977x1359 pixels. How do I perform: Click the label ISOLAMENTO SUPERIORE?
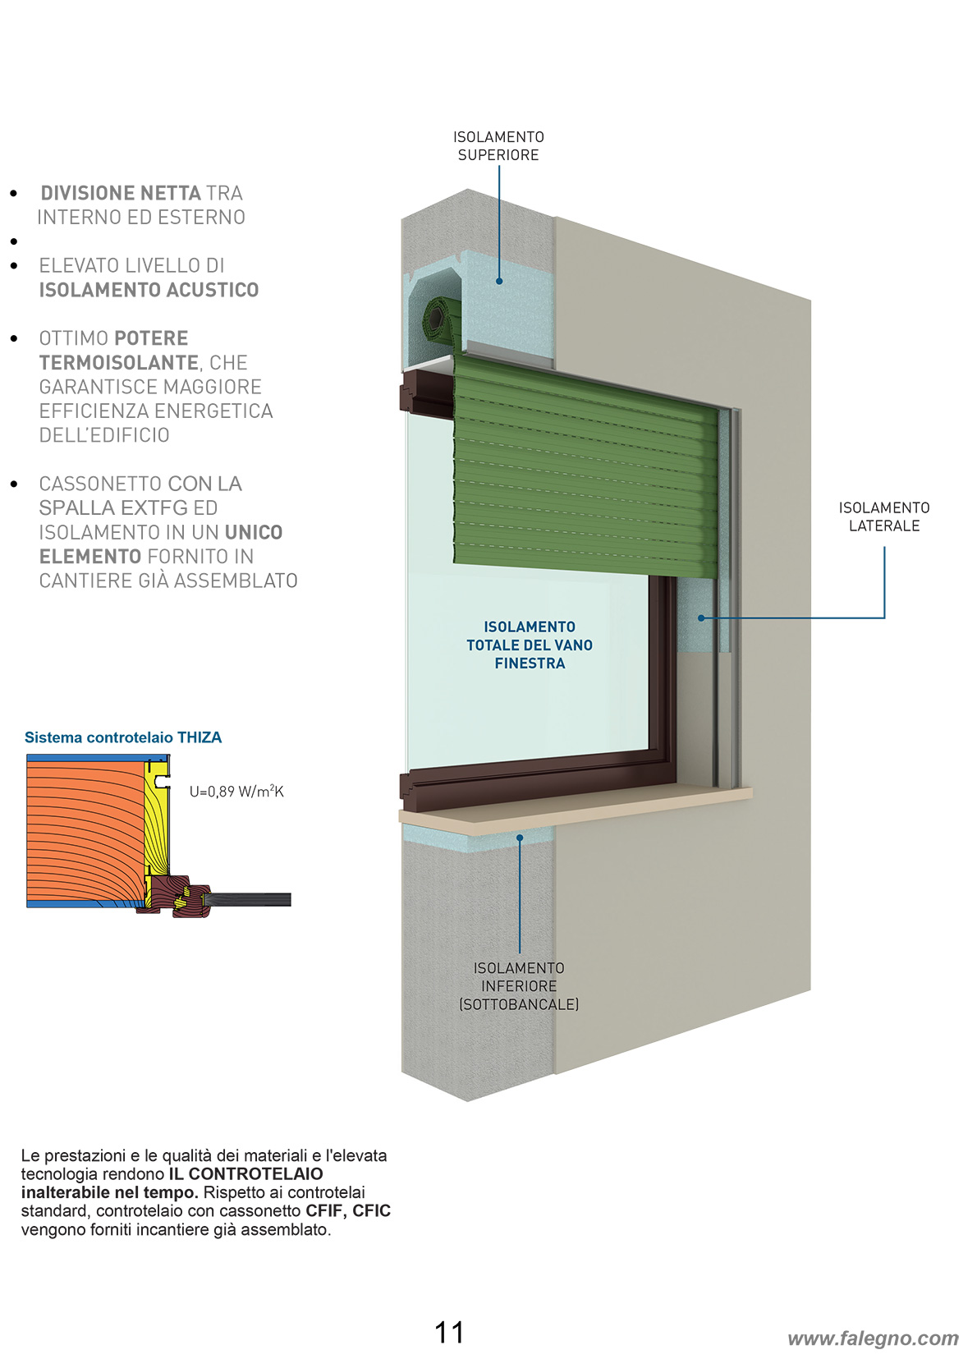click(x=498, y=145)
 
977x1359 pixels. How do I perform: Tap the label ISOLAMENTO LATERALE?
click(x=883, y=517)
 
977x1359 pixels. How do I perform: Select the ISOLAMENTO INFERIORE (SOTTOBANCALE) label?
click(x=519, y=986)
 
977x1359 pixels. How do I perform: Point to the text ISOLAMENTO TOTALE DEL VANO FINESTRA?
click(x=530, y=645)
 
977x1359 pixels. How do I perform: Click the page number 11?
click(x=449, y=1333)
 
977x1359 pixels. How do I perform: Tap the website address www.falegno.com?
click(x=874, y=1338)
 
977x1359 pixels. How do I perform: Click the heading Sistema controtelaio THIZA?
click(x=123, y=737)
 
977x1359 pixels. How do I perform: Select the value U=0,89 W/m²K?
click(x=236, y=791)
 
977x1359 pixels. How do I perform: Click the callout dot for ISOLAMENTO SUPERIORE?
click(x=498, y=281)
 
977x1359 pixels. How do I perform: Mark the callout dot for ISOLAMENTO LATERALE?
click(x=701, y=618)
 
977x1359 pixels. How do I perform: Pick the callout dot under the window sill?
click(x=520, y=838)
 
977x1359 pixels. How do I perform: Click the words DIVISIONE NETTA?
click(x=121, y=193)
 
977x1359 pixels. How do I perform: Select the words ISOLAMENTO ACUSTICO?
click(x=149, y=290)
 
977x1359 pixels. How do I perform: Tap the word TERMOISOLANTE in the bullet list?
click(x=119, y=363)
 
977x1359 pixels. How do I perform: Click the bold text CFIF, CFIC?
click(x=348, y=1211)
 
